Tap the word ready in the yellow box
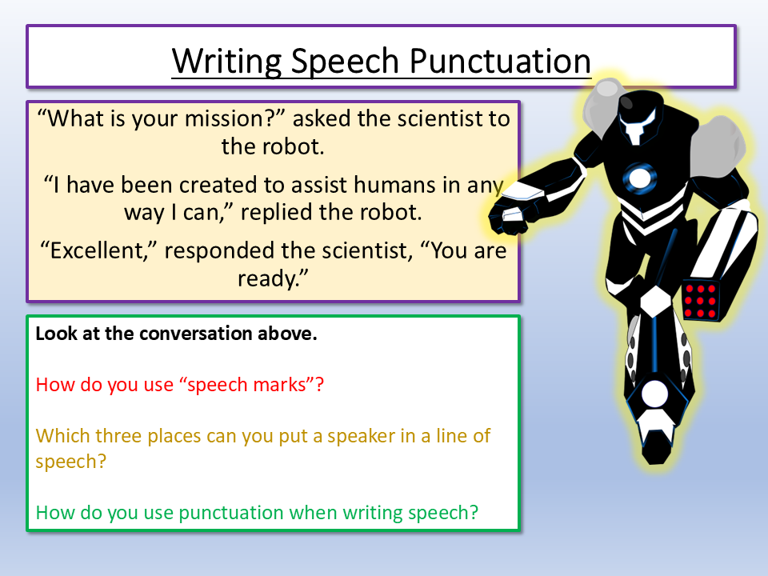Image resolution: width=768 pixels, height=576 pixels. click(270, 278)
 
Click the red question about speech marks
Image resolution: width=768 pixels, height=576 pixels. click(179, 384)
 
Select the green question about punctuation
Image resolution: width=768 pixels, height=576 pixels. click(257, 512)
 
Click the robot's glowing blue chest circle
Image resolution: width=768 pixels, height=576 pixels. click(639, 178)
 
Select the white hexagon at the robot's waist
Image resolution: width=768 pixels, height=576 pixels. click(656, 302)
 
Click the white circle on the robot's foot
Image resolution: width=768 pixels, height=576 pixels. click(655, 394)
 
